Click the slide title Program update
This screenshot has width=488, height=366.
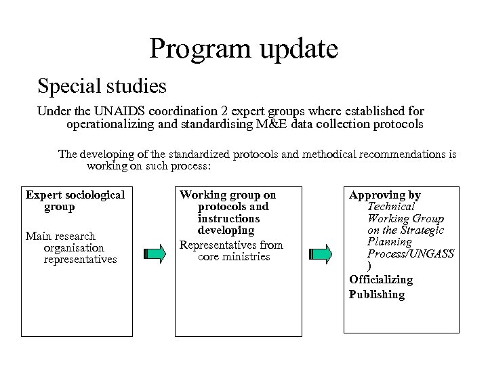(243, 49)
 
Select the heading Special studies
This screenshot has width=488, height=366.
(102, 86)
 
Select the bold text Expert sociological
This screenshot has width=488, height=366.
(75, 195)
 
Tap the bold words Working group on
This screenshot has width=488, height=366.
(228, 195)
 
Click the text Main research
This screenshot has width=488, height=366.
(60, 236)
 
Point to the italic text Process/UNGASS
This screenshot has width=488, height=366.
(410, 253)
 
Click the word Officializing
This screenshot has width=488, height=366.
(381, 280)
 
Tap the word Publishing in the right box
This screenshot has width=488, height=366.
(377, 294)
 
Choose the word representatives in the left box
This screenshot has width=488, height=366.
(79, 260)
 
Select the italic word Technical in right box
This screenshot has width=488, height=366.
(391, 207)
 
